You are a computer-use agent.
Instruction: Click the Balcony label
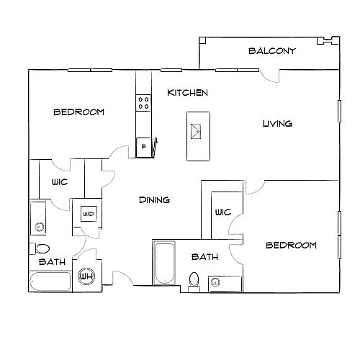point(271,51)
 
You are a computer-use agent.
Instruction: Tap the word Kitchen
point(187,93)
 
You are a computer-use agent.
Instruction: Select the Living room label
point(277,124)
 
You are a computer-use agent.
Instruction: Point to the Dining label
point(155,199)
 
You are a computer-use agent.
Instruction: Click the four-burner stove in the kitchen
point(143,103)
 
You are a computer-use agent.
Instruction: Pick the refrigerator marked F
point(143,148)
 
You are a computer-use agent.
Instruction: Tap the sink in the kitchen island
point(196,131)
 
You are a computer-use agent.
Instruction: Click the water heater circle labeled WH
point(86,276)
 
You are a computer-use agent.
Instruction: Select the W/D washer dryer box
point(89,214)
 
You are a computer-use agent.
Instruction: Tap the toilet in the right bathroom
point(194,282)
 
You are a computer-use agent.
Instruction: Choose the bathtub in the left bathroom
point(50,282)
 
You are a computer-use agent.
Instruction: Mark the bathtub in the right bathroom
point(164,263)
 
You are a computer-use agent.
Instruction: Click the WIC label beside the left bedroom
point(60,182)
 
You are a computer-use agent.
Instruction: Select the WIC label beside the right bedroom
point(223,212)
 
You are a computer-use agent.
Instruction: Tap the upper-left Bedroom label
point(78,112)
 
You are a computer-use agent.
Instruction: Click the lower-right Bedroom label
point(292,245)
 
